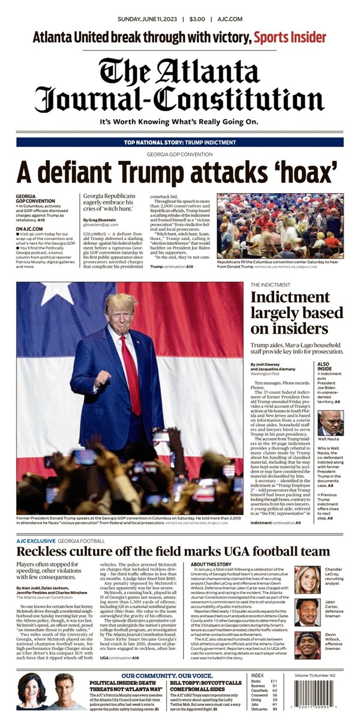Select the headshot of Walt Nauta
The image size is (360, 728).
(x=330, y=423)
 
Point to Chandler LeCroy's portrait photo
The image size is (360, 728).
(x=307, y=579)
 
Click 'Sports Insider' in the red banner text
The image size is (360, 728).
(x=290, y=38)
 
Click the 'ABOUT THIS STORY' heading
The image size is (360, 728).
(x=211, y=565)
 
